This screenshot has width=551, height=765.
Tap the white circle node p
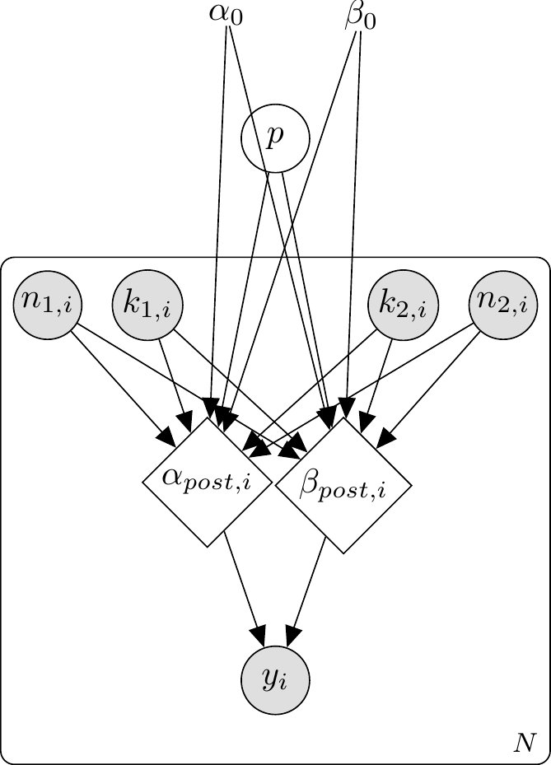275,138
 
